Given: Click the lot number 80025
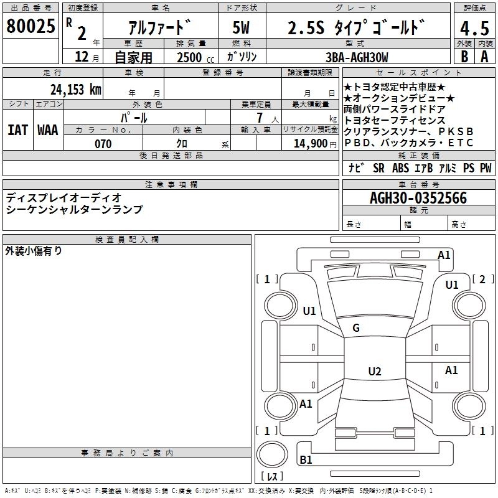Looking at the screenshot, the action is (x=31, y=27).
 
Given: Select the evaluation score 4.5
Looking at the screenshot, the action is (x=473, y=28).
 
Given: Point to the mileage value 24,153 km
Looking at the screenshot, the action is (x=76, y=89).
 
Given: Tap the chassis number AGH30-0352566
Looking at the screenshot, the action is (x=418, y=199).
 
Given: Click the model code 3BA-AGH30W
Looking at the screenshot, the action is (x=356, y=57).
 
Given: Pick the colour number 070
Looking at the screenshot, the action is (x=103, y=144).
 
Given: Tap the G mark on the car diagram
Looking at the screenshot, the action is (x=356, y=328).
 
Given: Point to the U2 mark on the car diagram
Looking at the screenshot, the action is (x=374, y=372).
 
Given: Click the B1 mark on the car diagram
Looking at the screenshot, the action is (x=306, y=460).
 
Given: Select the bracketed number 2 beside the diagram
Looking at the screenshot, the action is (x=482, y=279).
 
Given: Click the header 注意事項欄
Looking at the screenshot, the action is (x=171, y=185).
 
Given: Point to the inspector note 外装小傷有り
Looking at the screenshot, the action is (x=34, y=251).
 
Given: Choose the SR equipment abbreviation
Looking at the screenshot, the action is (x=378, y=168).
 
